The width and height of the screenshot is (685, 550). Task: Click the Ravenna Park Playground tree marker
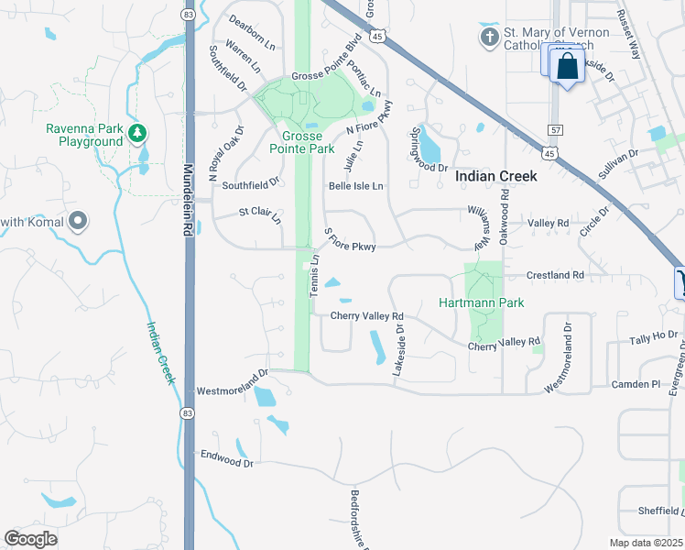click(137, 134)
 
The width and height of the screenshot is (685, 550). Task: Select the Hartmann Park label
click(481, 302)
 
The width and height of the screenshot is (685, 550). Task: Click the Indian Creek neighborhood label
click(495, 176)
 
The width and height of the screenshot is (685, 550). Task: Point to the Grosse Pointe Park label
click(302, 141)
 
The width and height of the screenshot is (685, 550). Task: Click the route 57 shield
click(555, 131)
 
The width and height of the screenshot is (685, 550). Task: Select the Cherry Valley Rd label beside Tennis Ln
click(366, 316)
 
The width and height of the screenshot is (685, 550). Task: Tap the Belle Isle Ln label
click(355, 185)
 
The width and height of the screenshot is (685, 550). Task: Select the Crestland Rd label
click(555, 275)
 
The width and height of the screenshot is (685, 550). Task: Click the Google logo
click(31, 538)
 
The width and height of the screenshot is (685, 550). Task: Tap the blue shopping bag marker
click(568, 66)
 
